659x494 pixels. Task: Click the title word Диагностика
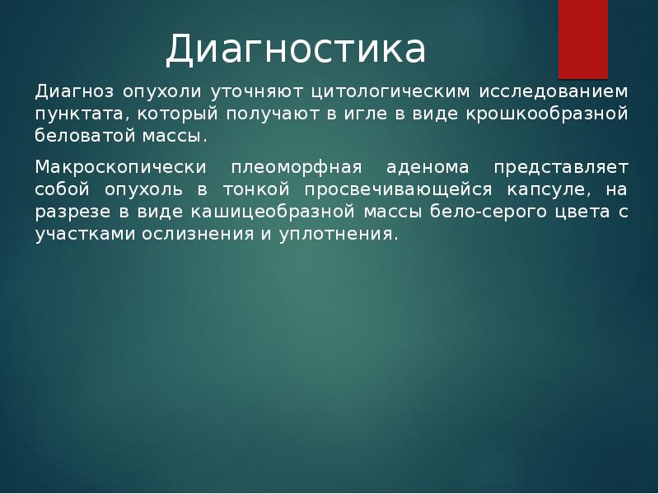click(x=296, y=50)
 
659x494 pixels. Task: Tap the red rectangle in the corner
click(x=583, y=38)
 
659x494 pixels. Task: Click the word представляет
click(x=561, y=167)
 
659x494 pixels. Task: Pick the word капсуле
click(x=548, y=189)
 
